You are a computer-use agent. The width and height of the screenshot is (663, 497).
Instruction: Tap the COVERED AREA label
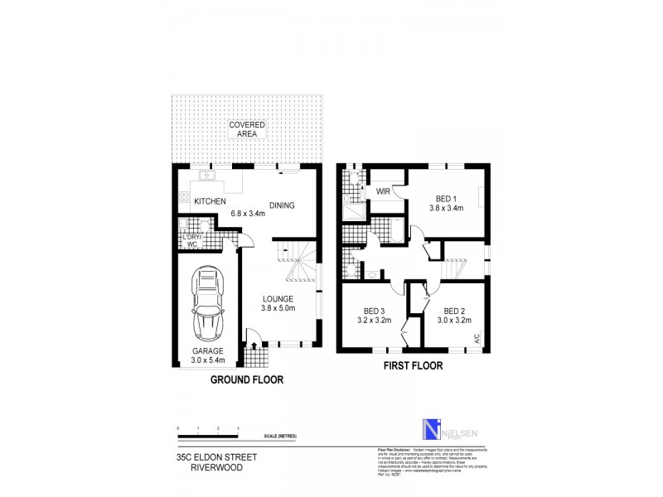[x=247, y=128]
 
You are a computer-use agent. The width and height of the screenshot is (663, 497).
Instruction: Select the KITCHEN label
[x=211, y=201]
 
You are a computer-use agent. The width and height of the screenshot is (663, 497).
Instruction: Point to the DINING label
[x=282, y=205]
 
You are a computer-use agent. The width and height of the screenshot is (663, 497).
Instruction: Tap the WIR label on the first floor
[x=383, y=191]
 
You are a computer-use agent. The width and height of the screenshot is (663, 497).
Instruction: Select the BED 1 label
[x=448, y=203]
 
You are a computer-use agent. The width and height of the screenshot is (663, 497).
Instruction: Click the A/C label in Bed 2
[x=477, y=338]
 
